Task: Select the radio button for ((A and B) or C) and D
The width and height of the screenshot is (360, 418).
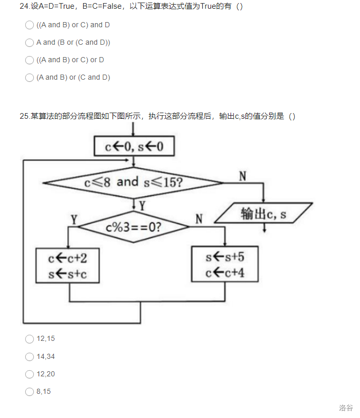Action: click(29, 25)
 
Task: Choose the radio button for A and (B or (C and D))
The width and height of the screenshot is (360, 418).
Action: click(29, 43)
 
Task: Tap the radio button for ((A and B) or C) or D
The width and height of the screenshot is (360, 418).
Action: click(29, 60)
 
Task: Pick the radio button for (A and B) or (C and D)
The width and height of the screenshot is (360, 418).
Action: click(29, 78)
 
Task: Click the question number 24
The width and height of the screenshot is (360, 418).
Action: click(24, 7)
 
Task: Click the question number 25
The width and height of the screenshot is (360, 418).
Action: click(24, 116)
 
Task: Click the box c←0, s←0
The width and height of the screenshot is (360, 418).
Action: click(134, 147)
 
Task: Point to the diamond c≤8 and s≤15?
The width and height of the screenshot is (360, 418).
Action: click(134, 182)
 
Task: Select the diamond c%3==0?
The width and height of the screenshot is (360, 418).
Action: click(134, 226)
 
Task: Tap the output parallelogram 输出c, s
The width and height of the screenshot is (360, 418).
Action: click(263, 213)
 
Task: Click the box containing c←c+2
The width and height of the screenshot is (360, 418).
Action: click(68, 265)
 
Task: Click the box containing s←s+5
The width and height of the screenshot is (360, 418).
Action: click(224, 264)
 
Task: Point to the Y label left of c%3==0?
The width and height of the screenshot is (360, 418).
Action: click(74, 220)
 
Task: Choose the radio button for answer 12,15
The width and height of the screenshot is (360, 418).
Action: click(29, 339)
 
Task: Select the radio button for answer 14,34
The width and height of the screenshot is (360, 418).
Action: click(29, 356)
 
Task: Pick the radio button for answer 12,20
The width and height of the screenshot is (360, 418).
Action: click(29, 374)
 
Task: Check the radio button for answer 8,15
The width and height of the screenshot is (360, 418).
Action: click(29, 392)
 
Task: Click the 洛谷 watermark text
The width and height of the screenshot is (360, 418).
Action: click(346, 408)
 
